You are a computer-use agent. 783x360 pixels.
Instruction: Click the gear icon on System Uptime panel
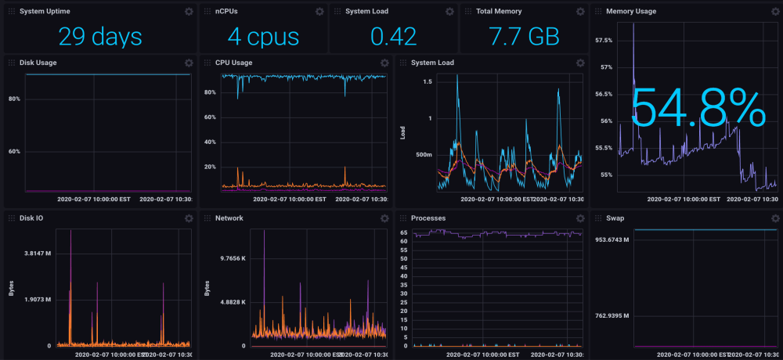[x=188, y=12]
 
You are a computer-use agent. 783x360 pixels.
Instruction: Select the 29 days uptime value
[x=99, y=36]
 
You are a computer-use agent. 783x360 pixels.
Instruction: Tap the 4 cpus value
[x=263, y=36]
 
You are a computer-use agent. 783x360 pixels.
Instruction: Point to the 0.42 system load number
[x=394, y=36]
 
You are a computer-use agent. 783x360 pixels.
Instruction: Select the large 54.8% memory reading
[x=697, y=108]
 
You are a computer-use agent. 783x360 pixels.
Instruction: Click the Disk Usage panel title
[x=38, y=63]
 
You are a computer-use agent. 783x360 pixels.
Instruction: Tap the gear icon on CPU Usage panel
[x=384, y=63]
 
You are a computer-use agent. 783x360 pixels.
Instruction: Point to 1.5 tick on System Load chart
[x=428, y=81]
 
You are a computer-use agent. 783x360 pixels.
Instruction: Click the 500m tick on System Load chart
[x=424, y=155]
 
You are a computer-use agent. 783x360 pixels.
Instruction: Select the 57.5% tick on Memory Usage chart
[x=604, y=40]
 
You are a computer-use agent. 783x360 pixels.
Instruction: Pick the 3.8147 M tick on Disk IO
[x=38, y=254]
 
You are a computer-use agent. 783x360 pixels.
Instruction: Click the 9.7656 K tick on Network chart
[x=233, y=258]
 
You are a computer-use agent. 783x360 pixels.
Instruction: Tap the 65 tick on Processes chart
[x=404, y=233]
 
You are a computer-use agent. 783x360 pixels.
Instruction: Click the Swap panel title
[x=615, y=218]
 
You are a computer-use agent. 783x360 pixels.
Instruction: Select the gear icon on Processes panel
[x=579, y=218]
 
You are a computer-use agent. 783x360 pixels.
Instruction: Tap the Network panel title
[x=229, y=218]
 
